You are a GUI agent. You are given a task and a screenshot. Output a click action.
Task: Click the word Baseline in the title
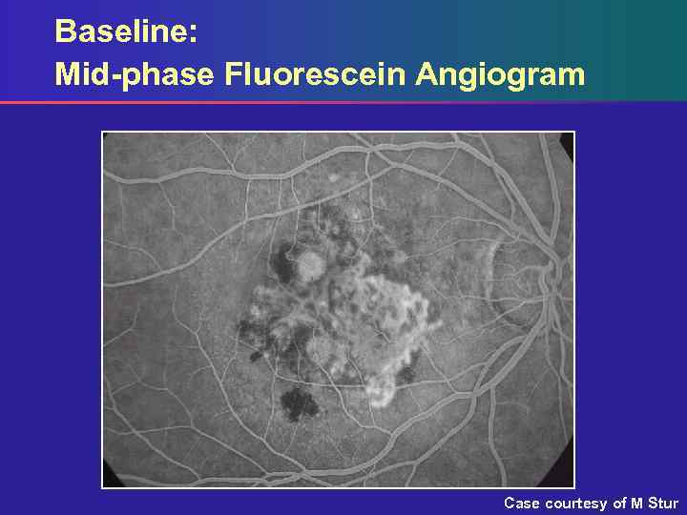122,31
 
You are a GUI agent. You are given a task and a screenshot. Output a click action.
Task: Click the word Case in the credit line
522,503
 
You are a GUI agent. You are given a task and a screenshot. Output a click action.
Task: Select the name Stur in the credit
662,503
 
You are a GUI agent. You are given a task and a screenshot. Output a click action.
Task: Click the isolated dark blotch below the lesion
301,403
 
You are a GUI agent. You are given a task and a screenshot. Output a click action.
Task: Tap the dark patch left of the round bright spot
284,257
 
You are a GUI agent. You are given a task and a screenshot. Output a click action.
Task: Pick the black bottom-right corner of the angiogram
566,480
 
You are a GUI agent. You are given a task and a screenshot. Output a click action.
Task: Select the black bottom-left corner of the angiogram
109,481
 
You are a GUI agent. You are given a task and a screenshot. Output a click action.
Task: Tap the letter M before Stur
636,503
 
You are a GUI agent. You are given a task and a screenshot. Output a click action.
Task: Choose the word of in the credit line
619,503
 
